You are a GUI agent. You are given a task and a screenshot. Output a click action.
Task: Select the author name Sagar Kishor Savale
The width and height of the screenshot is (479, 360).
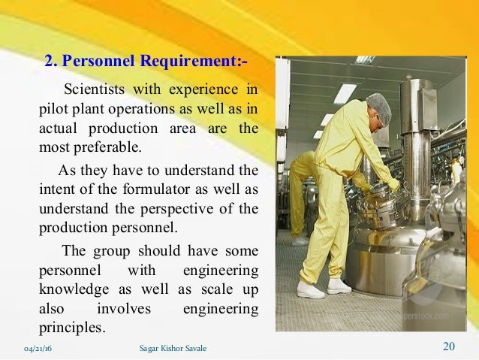point(173,348)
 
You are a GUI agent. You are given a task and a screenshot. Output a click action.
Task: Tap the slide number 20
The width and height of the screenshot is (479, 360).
point(449,346)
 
